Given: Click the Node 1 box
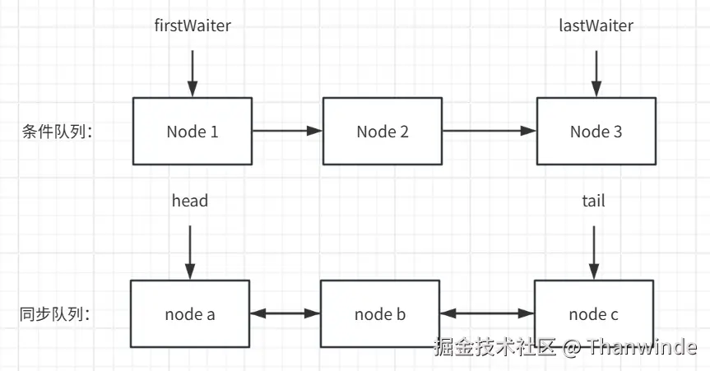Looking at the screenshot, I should tap(193, 131).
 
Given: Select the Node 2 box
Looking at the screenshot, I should tap(383, 131).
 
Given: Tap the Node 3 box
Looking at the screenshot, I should tap(596, 131).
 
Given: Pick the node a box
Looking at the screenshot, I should tap(190, 313).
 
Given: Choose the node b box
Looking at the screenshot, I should tap(380, 313).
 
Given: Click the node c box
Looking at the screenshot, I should tap(594, 313).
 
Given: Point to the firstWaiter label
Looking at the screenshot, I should tap(193, 26).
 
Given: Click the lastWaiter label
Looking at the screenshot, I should tap(596, 26).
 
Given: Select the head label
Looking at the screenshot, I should tap(190, 201).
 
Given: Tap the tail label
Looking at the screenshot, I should tap(593, 201).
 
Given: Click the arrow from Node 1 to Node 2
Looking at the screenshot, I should tap(287, 131).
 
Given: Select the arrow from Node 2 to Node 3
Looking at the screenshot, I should tap(489, 131).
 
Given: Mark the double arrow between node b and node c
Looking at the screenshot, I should tap(487, 313).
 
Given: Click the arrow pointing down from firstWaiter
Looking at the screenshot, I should tap(193, 72).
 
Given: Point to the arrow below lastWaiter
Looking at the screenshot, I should tap(596, 72).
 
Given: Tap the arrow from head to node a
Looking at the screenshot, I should tap(190, 252).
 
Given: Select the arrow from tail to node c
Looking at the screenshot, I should tap(593, 252).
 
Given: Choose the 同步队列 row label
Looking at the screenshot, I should tap(54, 313).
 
